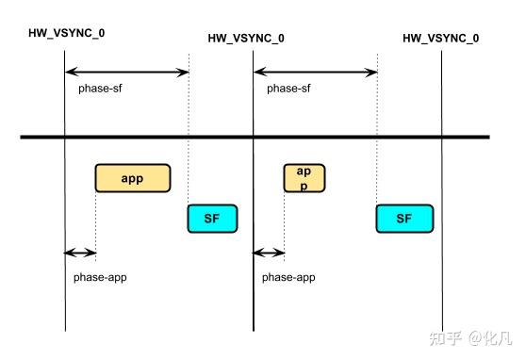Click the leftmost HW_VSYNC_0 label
[x=66, y=33]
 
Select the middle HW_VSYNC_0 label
[x=246, y=39]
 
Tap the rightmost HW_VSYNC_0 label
[x=440, y=39]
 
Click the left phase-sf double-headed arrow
[x=126, y=72]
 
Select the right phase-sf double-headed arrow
[x=315, y=72]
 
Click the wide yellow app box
[x=132, y=178]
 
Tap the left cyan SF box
[x=212, y=218]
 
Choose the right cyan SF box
[x=403, y=218]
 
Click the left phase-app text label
[x=100, y=278]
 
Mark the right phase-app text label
[x=288, y=278]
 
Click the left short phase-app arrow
[x=80, y=253]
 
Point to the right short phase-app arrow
[x=269, y=253]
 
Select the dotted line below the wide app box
[x=95, y=221]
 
